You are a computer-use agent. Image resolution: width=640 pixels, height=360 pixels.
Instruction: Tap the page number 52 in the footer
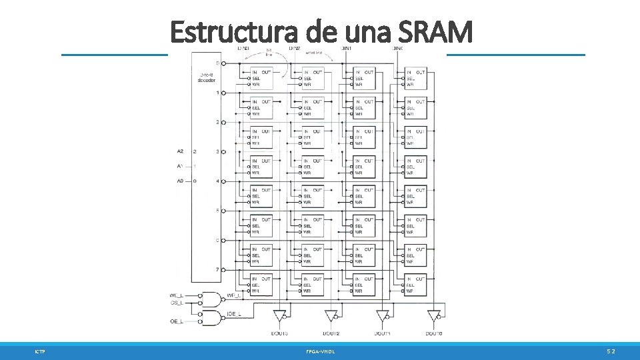[611, 351]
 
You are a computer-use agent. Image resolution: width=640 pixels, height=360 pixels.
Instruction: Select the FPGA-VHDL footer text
[321, 351]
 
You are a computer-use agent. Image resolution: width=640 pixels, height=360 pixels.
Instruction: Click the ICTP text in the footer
[41, 351]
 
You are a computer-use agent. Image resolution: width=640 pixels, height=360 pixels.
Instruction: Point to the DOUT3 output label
[279, 333]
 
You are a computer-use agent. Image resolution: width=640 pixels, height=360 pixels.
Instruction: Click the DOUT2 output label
[331, 333]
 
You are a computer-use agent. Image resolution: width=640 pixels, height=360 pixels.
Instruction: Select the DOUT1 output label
[383, 333]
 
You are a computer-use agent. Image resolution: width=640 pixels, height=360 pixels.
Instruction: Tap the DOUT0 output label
[434, 333]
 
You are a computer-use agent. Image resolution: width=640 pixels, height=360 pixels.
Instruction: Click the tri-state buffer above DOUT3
[279, 315]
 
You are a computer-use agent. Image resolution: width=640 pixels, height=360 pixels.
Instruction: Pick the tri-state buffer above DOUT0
[434, 315]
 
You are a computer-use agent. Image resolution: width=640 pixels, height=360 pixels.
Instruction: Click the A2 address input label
[180, 151]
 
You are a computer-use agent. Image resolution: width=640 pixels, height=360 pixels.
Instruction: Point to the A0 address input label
[180, 181]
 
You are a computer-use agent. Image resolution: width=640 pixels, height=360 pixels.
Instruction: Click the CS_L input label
[177, 303]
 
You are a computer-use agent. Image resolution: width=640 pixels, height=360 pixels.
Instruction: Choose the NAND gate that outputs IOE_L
[212, 316]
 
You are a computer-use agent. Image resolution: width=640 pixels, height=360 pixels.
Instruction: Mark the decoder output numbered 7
[217, 269]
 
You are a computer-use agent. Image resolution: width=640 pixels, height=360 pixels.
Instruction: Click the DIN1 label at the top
[347, 48]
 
